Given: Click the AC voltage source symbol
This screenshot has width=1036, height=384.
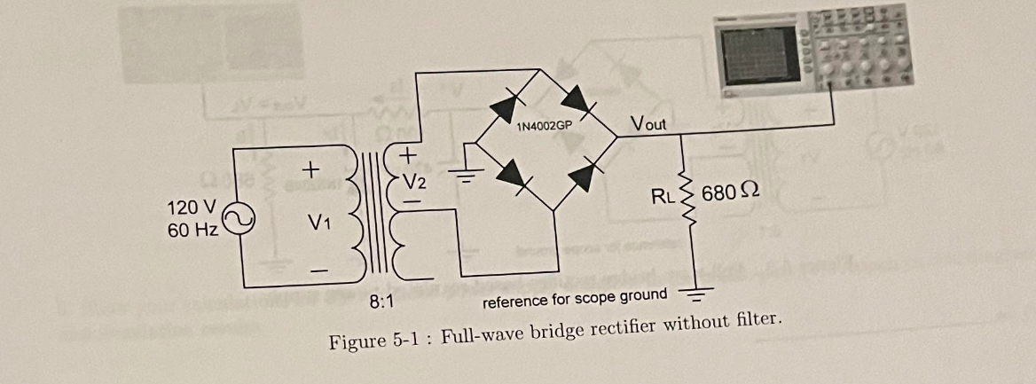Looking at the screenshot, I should tap(238, 218).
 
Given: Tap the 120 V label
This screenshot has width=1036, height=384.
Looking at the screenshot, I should tap(191, 208).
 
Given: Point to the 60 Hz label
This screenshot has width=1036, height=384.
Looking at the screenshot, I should tap(192, 231).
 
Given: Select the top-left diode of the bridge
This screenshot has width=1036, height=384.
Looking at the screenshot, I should tap(514, 103).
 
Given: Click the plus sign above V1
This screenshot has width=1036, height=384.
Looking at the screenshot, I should tap(310, 167).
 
